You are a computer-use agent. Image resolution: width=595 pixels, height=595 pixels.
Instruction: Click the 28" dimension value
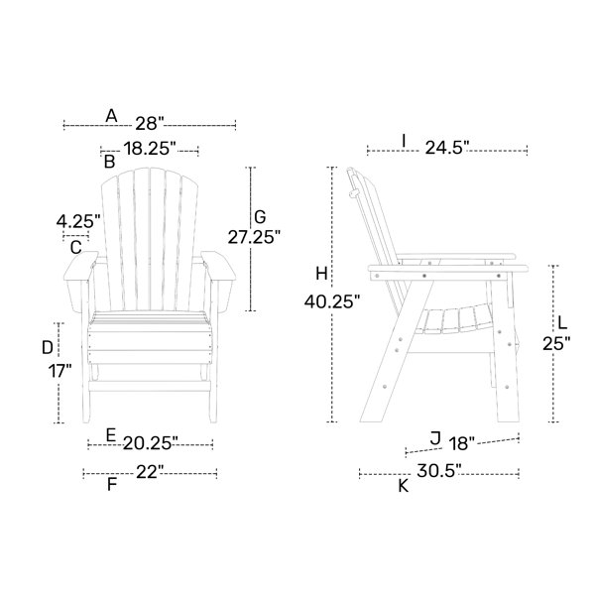(x=150, y=123)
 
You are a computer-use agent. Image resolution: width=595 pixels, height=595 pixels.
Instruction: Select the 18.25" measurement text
(x=150, y=148)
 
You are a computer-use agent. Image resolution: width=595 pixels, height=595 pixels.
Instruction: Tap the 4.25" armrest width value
(x=78, y=221)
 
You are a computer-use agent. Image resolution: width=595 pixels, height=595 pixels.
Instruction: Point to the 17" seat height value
(x=59, y=370)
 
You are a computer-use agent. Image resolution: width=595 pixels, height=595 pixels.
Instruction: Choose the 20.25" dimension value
(x=151, y=443)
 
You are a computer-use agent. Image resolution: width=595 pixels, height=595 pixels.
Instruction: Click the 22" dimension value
(x=150, y=472)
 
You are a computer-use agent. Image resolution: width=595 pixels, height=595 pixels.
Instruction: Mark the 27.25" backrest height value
(x=254, y=238)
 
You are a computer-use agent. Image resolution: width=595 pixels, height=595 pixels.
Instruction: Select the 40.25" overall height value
(x=331, y=302)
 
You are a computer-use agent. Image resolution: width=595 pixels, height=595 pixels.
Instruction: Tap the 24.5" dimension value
(x=447, y=148)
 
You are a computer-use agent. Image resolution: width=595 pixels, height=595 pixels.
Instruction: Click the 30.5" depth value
(x=439, y=471)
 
